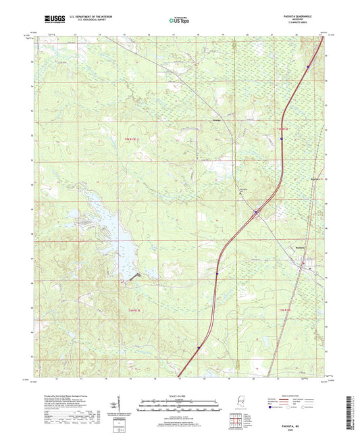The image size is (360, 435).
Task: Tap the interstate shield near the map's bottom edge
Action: (199, 349)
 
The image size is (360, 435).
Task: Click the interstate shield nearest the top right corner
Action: (307, 67)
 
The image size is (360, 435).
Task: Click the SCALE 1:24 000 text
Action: (179, 395)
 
